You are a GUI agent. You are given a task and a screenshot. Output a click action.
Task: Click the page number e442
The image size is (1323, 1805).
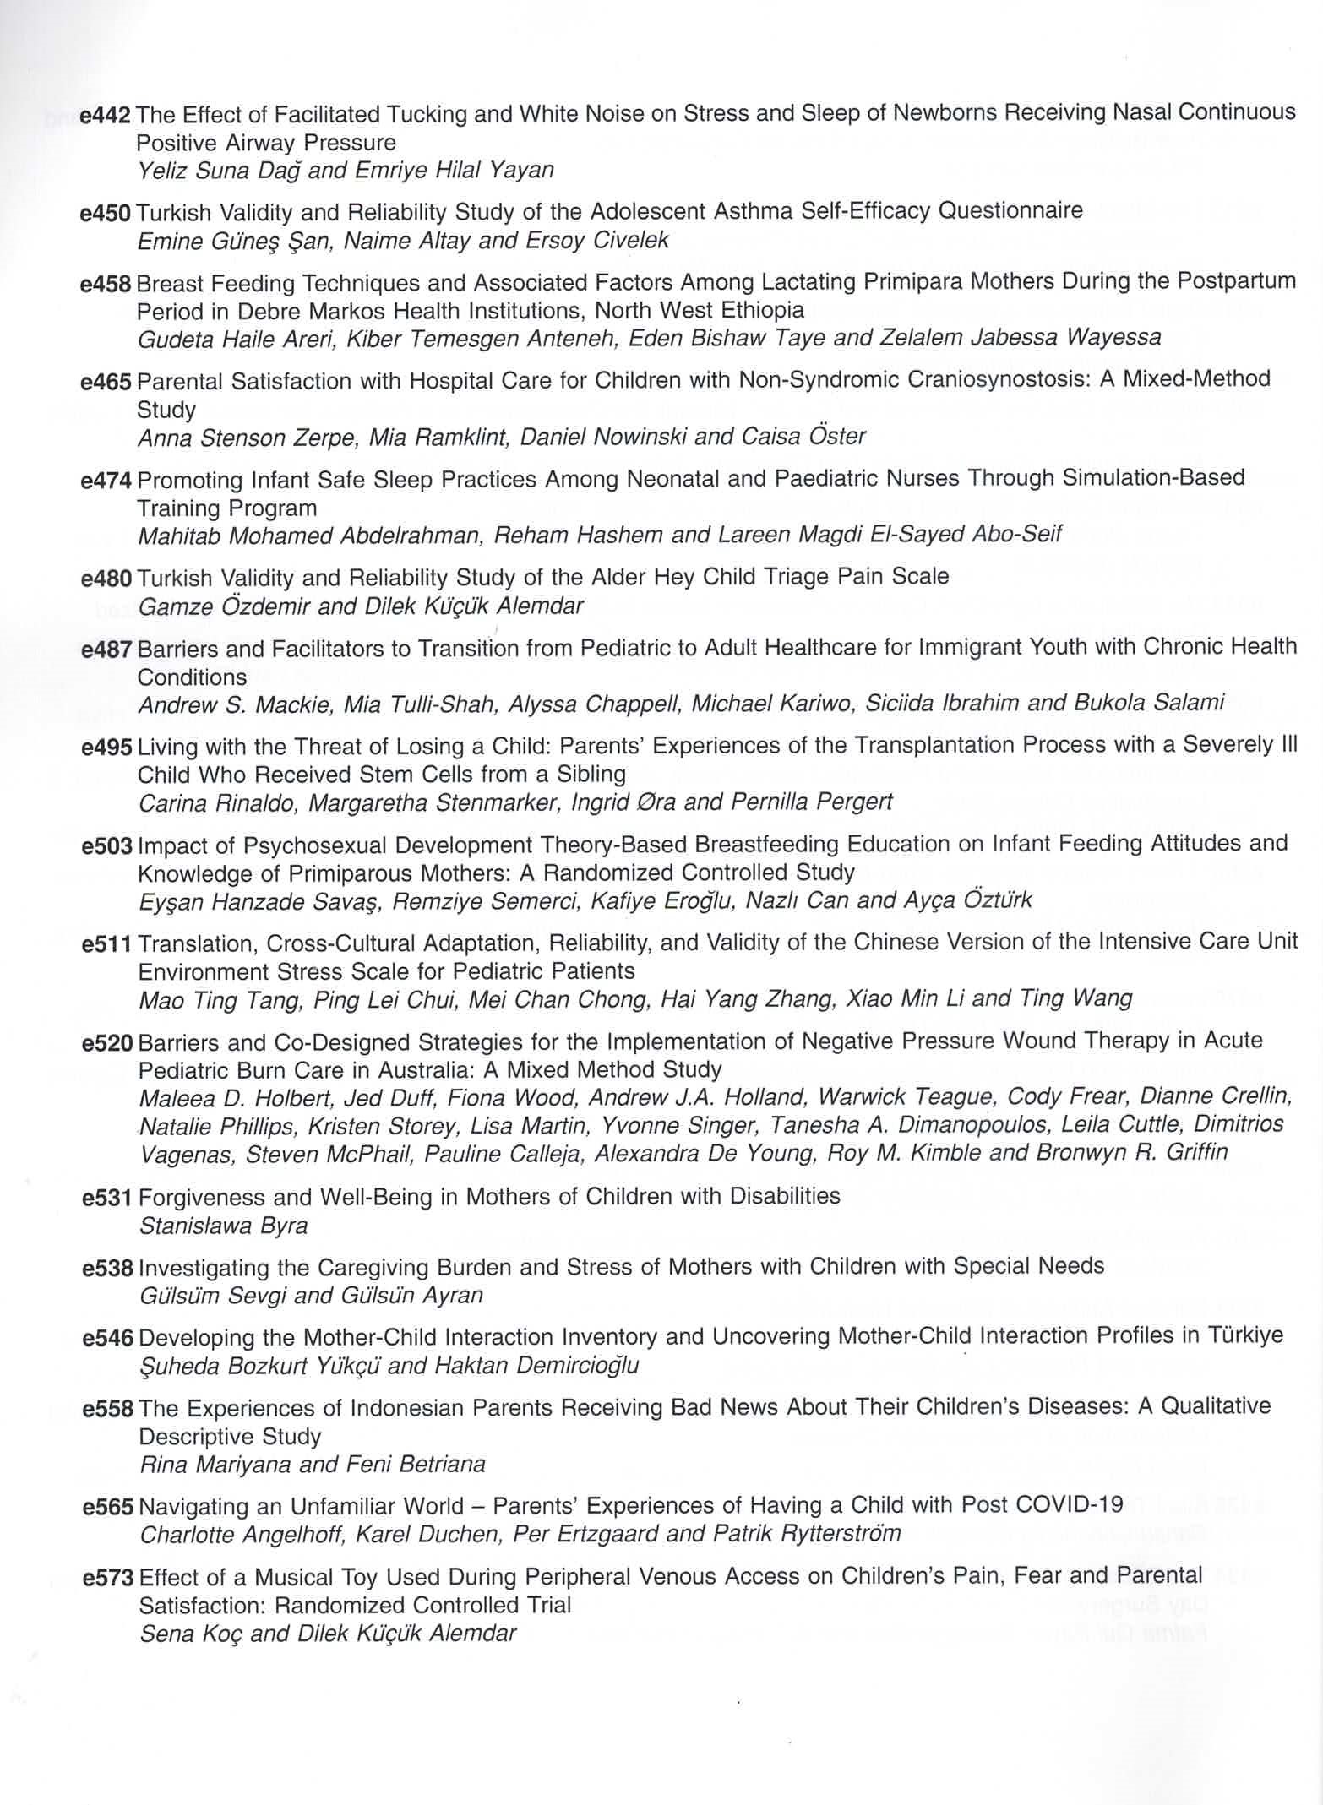[x=106, y=114]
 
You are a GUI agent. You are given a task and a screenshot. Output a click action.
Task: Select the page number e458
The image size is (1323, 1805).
[x=106, y=284]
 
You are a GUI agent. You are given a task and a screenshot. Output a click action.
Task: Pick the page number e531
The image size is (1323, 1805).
[x=108, y=1198]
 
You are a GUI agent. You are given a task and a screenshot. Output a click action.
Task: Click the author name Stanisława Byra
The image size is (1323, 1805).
[x=223, y=1225]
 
